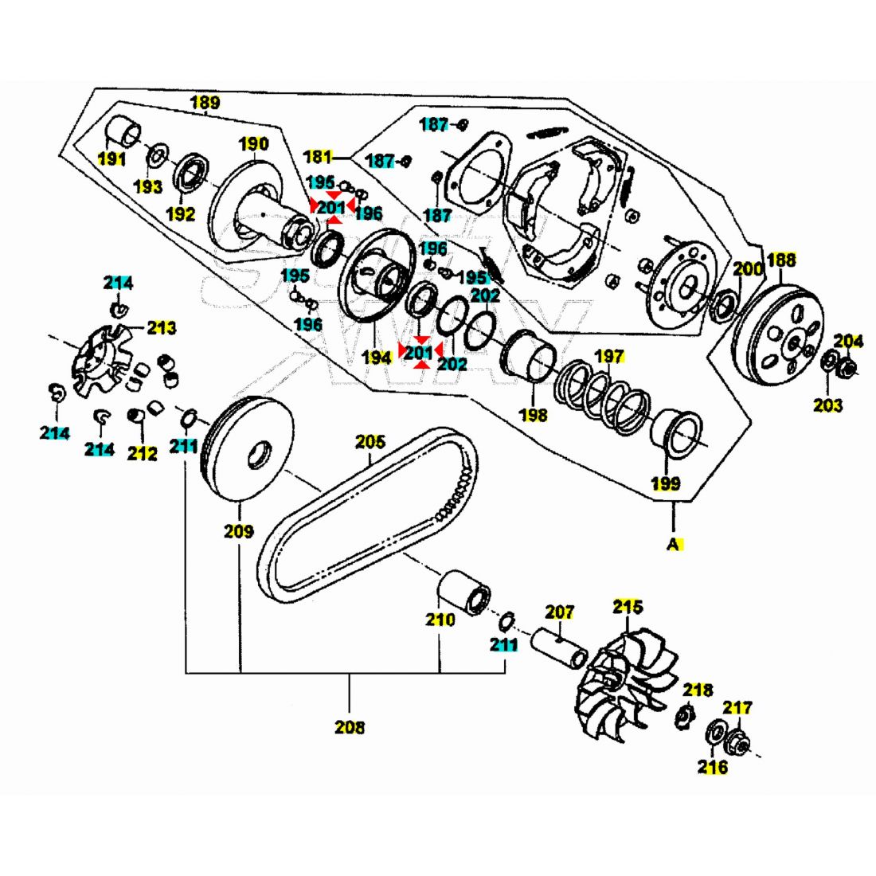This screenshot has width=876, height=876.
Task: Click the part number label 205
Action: [370, 440]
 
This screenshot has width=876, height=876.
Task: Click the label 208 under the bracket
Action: [350, 726]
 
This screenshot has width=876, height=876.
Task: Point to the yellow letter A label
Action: [674, 545]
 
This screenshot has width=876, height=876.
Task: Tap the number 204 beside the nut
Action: [848, 342]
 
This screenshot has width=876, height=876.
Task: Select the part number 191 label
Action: [111, 158]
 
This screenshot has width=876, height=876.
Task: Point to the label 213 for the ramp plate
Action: [162, 327]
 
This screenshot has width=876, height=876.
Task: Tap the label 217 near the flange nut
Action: [737, 707]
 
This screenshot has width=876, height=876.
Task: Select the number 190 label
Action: [254, 144]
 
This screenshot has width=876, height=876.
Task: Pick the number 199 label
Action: [666, 483]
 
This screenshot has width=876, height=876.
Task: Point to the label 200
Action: [748, 269]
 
